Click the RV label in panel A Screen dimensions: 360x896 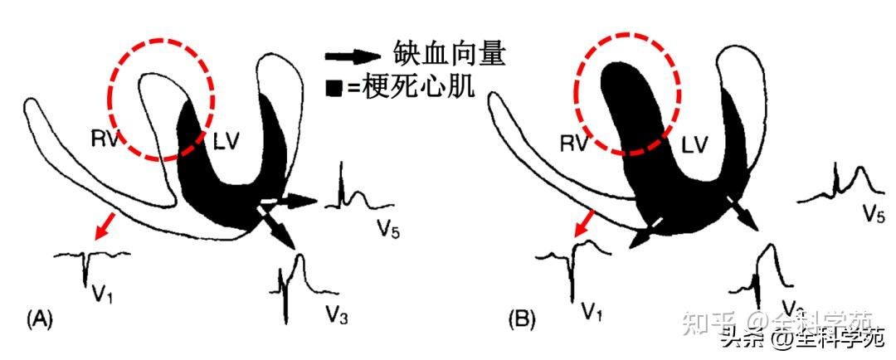[105, 140]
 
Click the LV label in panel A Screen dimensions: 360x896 [225, 141]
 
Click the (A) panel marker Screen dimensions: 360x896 [41, 317]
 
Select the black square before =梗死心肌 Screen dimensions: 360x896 [335, 87]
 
